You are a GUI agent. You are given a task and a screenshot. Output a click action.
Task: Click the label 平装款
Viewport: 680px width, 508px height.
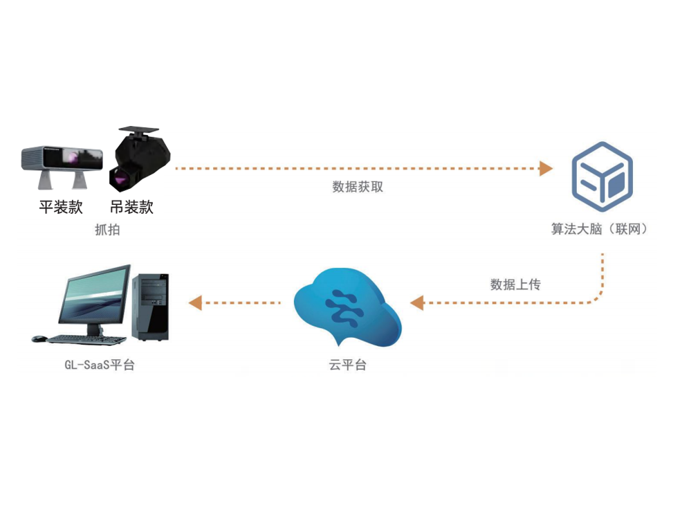pos(61,206)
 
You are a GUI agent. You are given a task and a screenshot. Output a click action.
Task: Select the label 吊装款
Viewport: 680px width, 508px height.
pos(131,206)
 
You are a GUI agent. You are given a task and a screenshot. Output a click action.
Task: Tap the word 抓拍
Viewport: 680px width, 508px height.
pos(107,230)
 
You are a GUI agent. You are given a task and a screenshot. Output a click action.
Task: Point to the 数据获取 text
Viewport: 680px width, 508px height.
pos(358,187)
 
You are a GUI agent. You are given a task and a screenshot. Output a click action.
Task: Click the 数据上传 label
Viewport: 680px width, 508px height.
pos(515,284)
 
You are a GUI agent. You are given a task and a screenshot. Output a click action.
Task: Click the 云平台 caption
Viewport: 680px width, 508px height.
pos(347,365)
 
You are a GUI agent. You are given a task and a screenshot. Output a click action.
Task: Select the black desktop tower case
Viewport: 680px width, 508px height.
pos(151,306)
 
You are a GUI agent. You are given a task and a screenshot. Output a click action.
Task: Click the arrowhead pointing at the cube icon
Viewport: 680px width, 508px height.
pos(546,168)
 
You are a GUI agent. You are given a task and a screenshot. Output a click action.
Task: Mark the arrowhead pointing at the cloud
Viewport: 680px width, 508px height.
pos(416,302)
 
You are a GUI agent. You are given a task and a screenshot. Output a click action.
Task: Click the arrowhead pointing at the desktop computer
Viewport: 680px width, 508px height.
pos(195,302)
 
